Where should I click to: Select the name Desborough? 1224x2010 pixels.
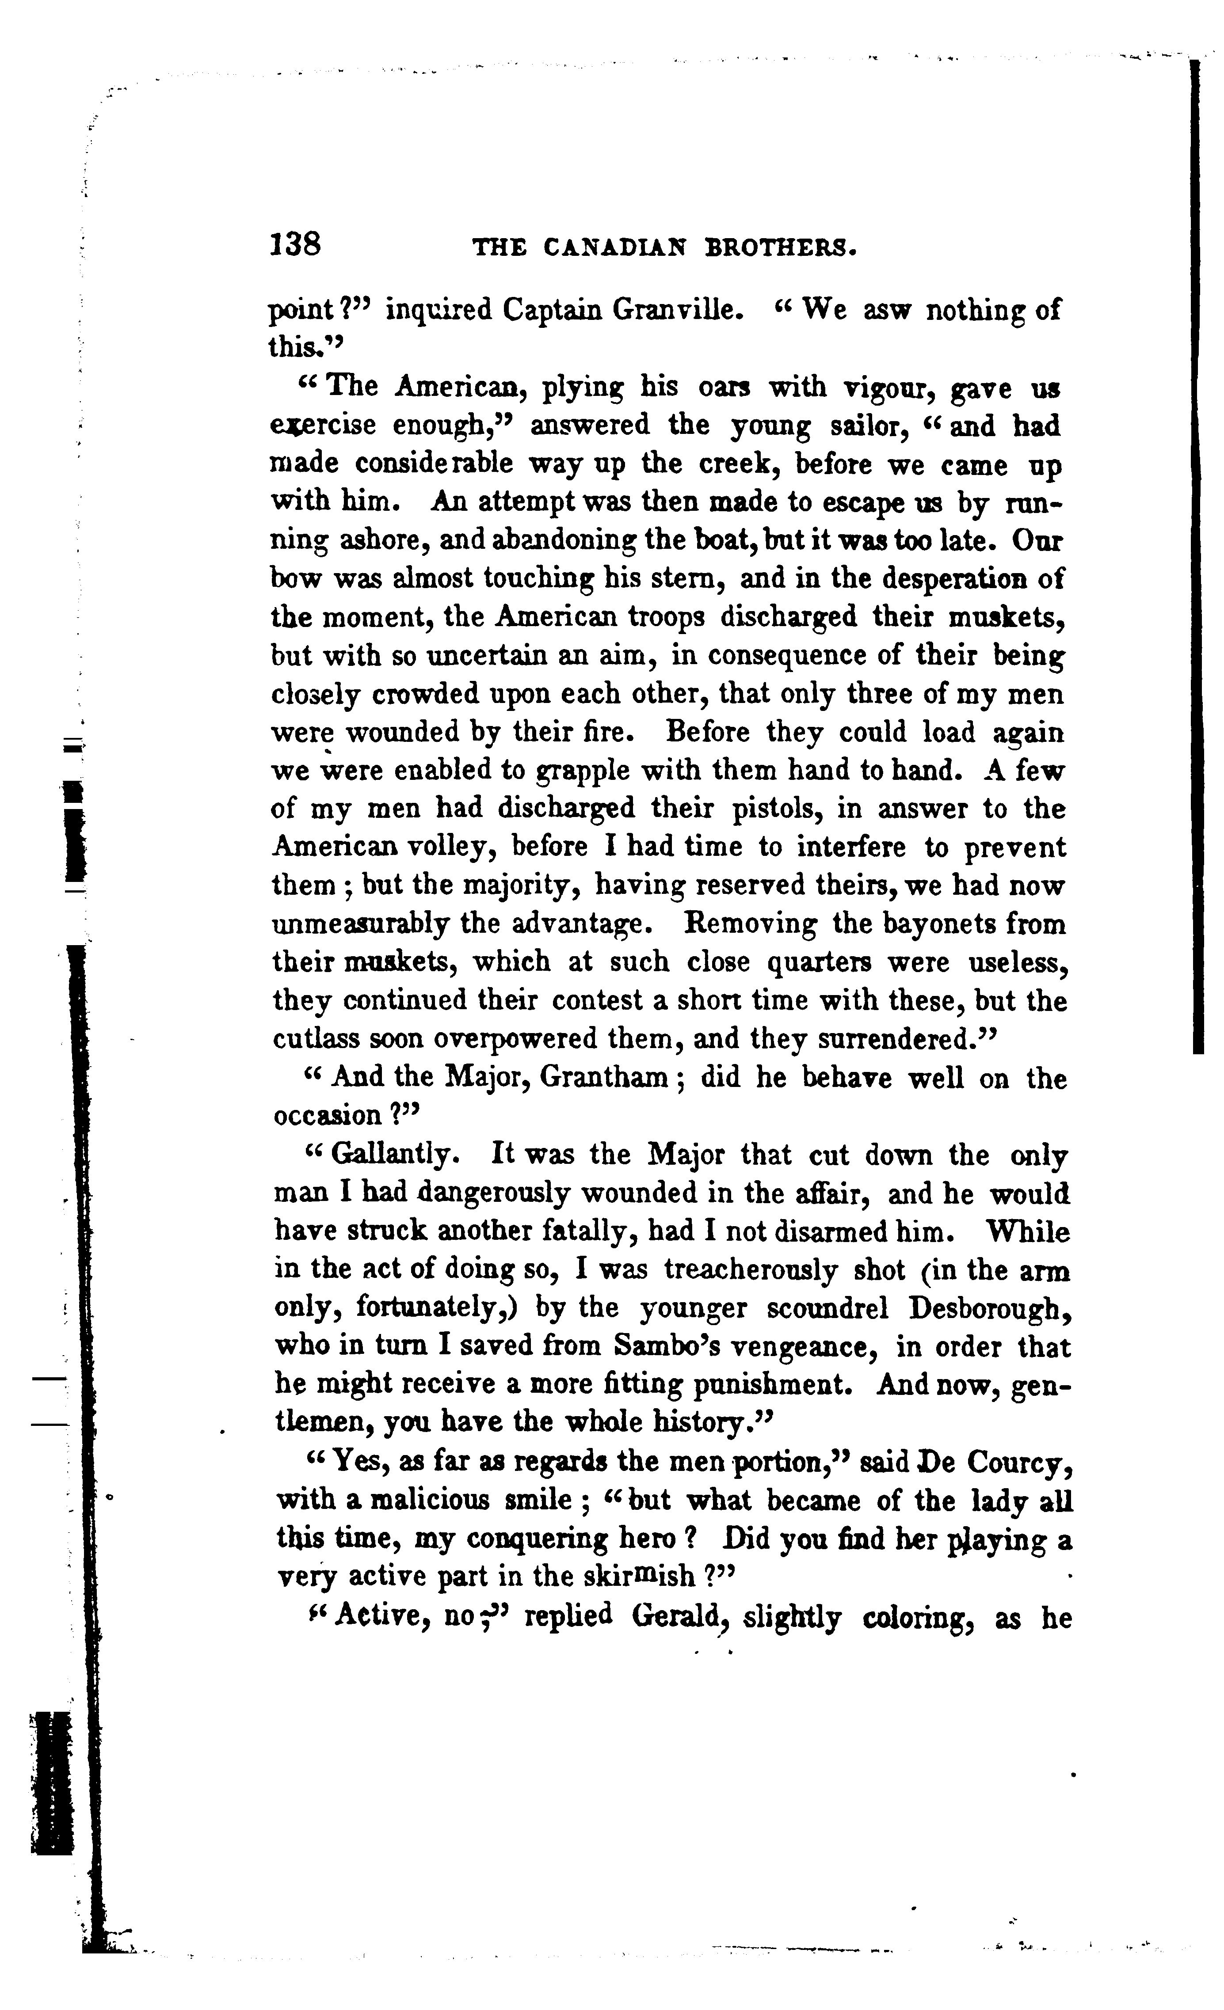988,1308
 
